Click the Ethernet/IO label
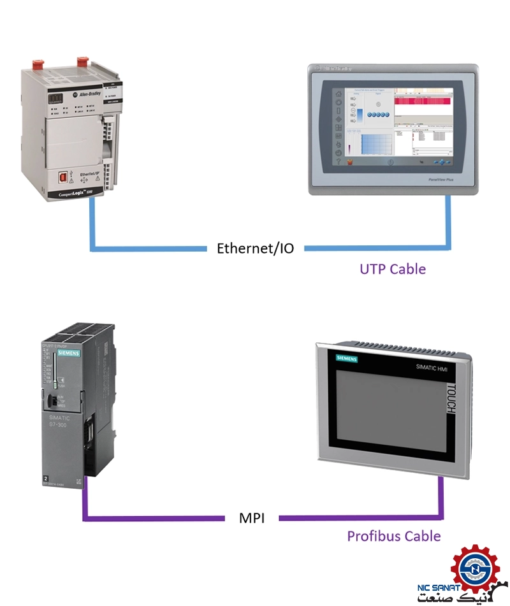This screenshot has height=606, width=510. (x=256, y=248)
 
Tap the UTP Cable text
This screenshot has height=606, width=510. (x=392, y=268)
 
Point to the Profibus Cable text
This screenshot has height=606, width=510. (x=393, y=535)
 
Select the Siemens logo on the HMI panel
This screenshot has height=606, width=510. (x=342, y=359)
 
